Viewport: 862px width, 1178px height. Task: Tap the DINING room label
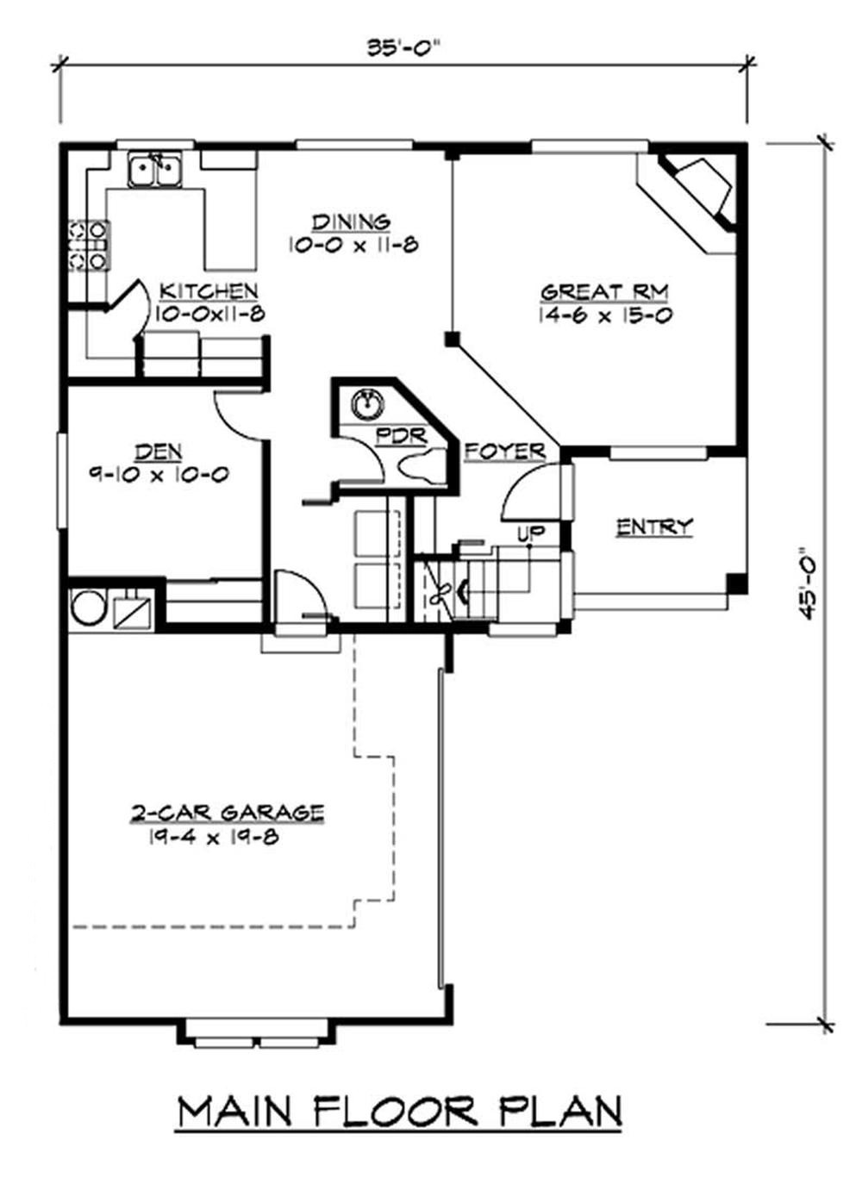351,222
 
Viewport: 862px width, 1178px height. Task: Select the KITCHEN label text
209,290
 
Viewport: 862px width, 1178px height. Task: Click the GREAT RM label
604,292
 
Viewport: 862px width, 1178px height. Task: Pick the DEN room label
159,451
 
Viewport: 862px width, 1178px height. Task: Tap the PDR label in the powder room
403,436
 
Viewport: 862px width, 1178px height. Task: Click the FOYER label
505,451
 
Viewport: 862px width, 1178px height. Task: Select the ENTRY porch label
654,527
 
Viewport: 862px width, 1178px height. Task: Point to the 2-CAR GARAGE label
228,812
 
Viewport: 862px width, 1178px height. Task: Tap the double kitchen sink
154,170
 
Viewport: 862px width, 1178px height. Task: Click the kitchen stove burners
89,245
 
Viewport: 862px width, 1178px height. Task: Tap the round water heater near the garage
88,607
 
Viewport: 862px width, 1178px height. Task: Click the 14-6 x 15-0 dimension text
605,315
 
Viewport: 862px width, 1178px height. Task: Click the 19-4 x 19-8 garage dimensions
213,836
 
